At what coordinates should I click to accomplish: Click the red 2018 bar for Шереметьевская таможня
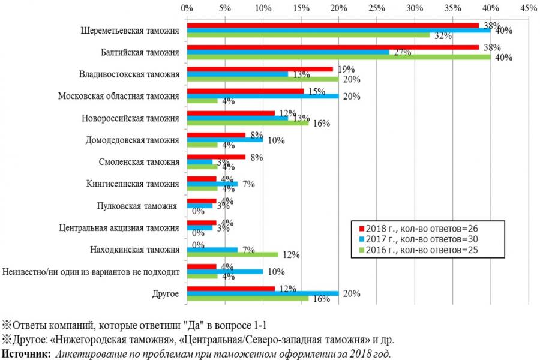click(x=333, y=25)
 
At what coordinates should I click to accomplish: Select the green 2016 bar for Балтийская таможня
click(x=339, y=58)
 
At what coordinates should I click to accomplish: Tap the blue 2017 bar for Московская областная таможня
click(x=263, y=96)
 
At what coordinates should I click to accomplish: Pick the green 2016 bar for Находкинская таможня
click(x=232, y=254)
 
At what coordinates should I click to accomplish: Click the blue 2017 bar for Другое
click(x=263, y=293)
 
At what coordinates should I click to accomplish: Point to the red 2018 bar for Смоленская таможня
click(x=216, y=157)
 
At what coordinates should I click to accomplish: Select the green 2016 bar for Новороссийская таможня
click(x=248, y=122)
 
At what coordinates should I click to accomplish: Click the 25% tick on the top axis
click(x=376, y=8)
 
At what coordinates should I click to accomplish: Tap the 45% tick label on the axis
click(x=529, y=8)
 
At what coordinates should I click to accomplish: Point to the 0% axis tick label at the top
click(x=187, y=8)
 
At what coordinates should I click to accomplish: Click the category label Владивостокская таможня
click(x=129, y=75)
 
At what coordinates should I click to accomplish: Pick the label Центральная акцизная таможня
click(x=119, y=228)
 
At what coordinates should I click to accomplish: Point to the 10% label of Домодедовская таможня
click(x=276, y=141)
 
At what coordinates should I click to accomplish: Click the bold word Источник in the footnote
click(x=26, y=353)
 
